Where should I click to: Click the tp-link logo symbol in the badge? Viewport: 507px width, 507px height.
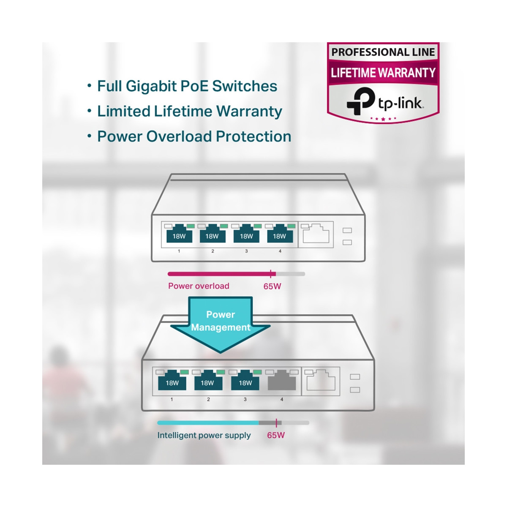click(360, 101)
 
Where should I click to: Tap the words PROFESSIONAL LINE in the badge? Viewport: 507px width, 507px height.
click(383, 52)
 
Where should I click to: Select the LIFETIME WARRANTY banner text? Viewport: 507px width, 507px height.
click(383, 73)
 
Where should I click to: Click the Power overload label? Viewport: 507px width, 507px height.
click(199, 286)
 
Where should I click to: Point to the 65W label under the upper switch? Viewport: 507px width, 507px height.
click(272, 286)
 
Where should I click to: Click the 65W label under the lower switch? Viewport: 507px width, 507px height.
click(276, 435)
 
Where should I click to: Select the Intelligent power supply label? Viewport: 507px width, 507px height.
click(204, 435)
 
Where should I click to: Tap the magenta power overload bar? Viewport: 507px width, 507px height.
click(220, 274)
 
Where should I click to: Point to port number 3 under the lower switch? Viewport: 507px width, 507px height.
click(245, 399)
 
